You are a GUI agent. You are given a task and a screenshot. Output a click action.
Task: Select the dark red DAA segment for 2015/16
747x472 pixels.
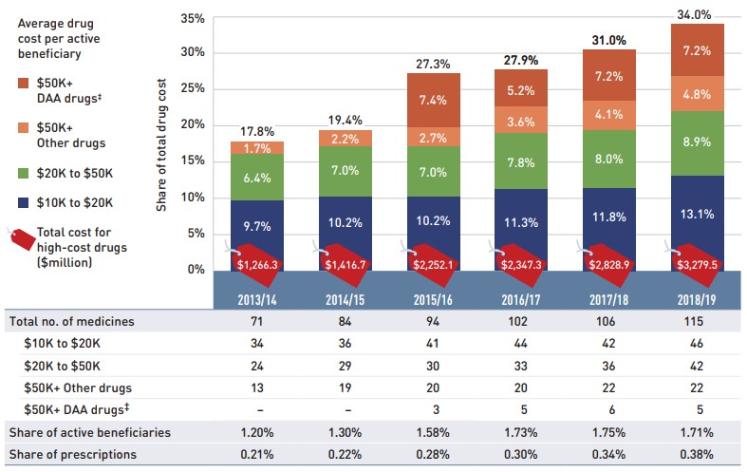click(x=433, y=100)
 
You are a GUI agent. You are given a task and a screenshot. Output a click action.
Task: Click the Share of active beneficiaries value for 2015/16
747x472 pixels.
click(x=433, y=432)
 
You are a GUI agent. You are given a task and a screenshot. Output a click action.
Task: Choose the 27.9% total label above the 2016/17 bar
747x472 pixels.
click(x=519, y=60)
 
